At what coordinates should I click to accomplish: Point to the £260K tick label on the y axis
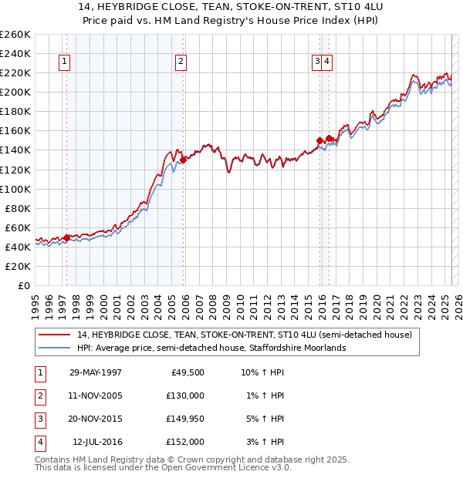tap(15, 35)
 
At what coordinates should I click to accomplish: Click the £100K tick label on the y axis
tap(15, 189)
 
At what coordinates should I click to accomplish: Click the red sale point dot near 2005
tap(184, 160)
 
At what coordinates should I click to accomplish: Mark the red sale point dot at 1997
tap(67, 237)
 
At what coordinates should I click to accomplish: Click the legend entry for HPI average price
tap(211, 348)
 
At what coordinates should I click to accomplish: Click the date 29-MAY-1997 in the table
tap(96, 372)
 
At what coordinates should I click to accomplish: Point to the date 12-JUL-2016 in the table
tap(96, 442)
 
